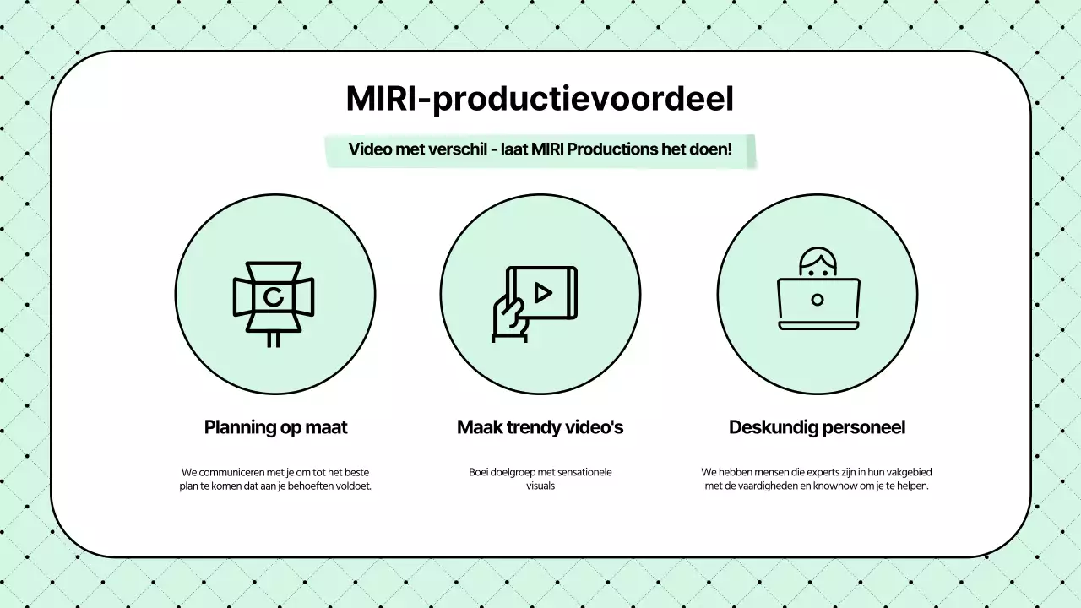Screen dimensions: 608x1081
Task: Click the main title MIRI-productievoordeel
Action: pos(540,99)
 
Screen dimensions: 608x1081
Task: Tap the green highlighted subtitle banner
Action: pos(540,150)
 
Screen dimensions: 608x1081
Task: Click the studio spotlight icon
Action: pos(274,300)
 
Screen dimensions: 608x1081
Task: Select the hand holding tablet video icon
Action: pos(534,302)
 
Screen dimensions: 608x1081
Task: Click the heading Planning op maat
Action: pos(275,427)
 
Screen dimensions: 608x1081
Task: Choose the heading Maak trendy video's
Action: pos(540,427)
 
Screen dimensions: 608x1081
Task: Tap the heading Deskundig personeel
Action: pos(817,427)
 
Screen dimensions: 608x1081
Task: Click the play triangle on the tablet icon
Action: pos(543,292)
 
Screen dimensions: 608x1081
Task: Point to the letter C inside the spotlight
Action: pos(273,296)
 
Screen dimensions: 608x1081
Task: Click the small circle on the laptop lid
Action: pos(818,300)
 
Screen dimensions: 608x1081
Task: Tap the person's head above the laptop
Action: pos(818,261)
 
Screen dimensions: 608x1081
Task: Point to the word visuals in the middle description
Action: pos(540,486)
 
